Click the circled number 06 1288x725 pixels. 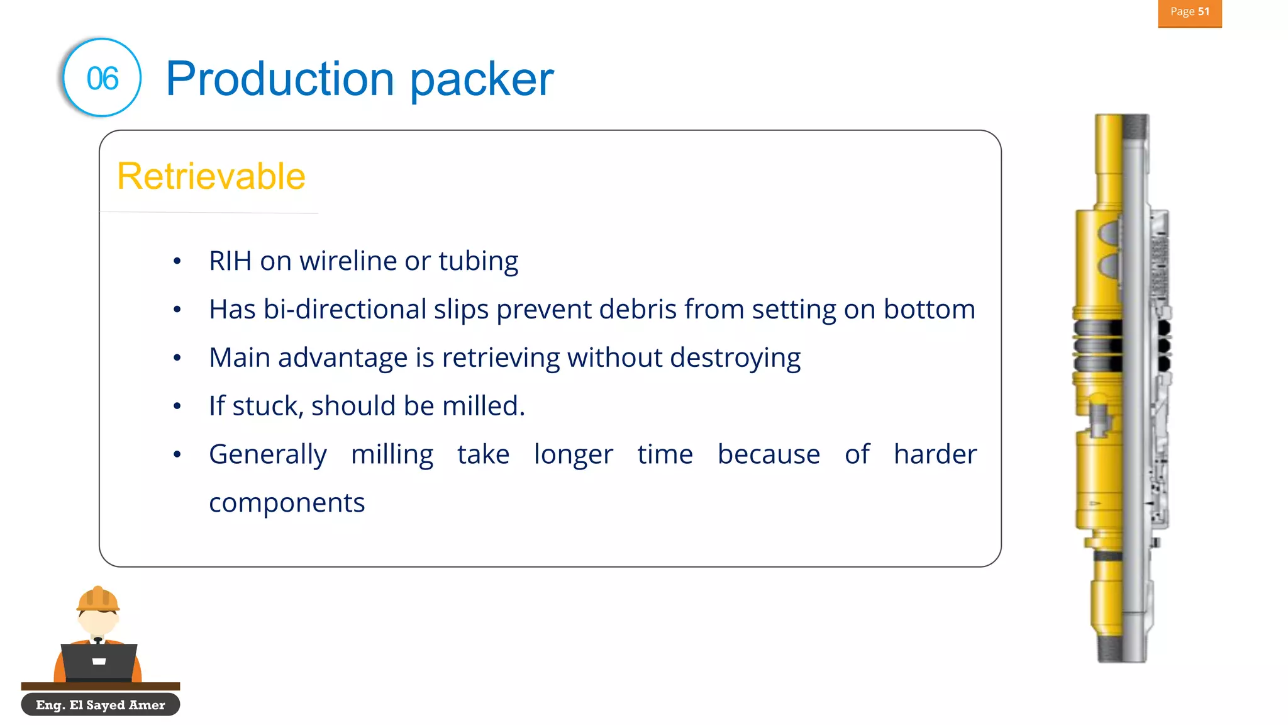point(102,78)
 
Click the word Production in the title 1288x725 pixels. point(280,79)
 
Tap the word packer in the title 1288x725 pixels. point(482,80)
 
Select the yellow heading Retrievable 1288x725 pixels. point(211,176)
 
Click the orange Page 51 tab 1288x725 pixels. point(1189,12)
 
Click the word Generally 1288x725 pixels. point(267,454)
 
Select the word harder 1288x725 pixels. point(935,454)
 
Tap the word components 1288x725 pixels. point(287,502)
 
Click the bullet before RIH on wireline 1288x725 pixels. point(177,261)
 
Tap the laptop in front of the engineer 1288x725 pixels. point(99,661)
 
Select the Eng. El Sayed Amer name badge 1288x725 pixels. point(101,705)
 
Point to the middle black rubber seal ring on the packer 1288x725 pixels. point(1098,346)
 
